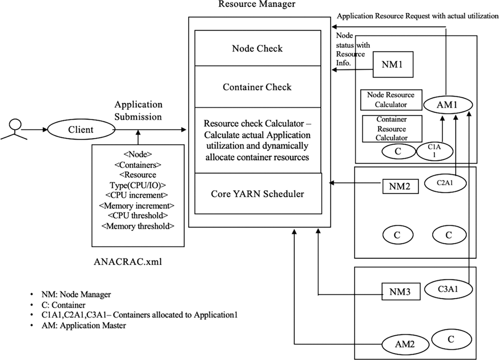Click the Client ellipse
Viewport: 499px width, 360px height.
pos(80,129)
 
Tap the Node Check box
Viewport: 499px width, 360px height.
pos(257,48)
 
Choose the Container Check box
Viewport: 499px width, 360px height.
pos(257,87)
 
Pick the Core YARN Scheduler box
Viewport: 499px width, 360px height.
pos(258,194)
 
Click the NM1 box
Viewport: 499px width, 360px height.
pos(392,64)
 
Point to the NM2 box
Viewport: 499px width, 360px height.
pos(400,186)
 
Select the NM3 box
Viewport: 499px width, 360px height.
pos(400,292)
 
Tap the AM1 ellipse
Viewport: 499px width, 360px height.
pos(448,105)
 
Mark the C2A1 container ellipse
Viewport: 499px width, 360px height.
pos(445,183)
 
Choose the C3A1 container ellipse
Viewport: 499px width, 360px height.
pos(448,289)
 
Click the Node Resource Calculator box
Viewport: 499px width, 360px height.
pos(391,100)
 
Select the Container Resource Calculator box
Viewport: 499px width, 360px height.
pos(392,129)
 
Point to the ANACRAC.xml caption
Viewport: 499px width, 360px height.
pos(128,262)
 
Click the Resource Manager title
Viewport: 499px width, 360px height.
pos(257,4)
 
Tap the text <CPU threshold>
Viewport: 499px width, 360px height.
pos(138,216)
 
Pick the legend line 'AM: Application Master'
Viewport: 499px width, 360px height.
pos(84,326)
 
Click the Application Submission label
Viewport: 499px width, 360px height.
pos(138,111)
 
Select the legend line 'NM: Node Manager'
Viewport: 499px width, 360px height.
pos(76,294)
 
